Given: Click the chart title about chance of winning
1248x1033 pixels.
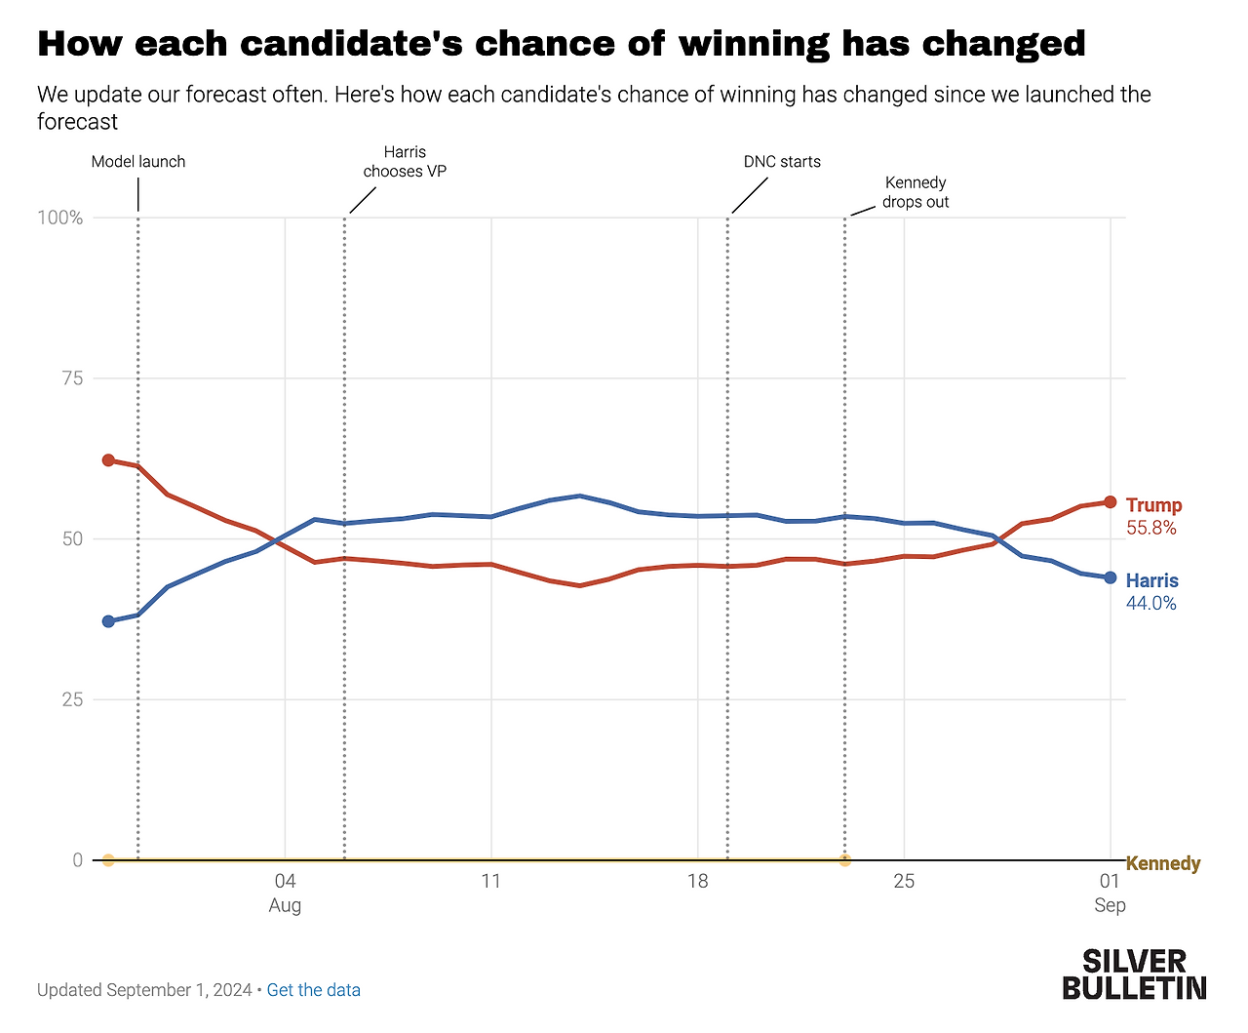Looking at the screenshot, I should [561, 44].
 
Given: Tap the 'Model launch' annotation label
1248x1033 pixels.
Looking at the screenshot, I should [138, 162].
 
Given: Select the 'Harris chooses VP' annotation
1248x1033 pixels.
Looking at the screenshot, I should [405, 162].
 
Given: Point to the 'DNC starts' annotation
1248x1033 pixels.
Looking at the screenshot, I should [782, 162].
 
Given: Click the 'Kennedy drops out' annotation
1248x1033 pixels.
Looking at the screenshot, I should [916, 192].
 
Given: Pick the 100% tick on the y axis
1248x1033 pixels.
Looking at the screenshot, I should [60, 218].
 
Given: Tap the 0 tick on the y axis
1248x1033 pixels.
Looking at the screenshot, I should [77, 860].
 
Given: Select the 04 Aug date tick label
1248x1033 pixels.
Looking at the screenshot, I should [285, 893].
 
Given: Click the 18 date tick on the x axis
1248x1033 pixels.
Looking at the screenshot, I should [697, 882].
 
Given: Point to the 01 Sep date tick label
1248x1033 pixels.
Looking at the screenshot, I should [1110, 893].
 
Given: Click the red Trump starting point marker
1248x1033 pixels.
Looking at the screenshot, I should [108, 460].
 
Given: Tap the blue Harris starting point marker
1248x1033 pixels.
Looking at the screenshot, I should [108, 621].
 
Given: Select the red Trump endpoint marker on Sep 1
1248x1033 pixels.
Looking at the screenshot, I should [1110, 502].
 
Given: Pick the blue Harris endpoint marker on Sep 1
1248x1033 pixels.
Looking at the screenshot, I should [1110, 577].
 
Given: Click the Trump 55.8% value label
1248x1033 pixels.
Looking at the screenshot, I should [1151, 528].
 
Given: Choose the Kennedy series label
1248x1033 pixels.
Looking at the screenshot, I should [1163, 863].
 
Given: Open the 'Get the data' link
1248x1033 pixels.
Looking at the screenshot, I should [313, 990].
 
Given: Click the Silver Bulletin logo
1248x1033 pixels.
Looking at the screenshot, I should [1134, 973].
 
